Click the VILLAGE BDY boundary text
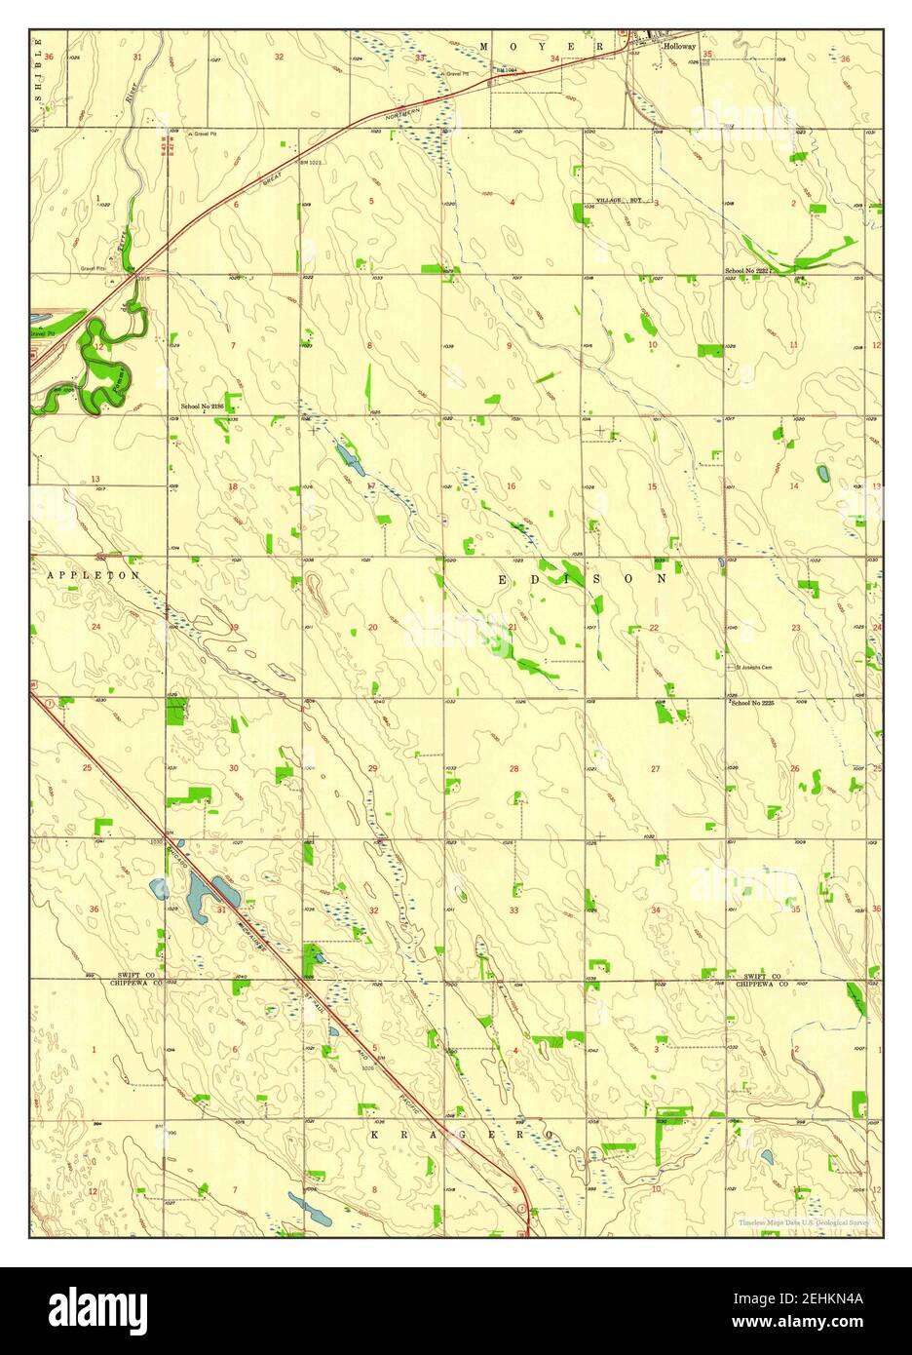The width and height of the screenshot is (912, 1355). [620, 200]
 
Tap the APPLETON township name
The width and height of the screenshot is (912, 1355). [94, 576]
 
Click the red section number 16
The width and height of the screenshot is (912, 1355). [511, 485]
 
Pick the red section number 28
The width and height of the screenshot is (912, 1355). [514, 769]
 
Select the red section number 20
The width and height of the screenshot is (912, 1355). [372, 627]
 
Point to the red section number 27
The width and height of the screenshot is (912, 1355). [655, 769]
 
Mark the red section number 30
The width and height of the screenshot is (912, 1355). [234, 769]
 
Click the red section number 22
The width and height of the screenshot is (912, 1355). [654, 627]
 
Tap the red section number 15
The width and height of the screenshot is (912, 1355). [653, 485]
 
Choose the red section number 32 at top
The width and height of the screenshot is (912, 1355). [279, 58]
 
